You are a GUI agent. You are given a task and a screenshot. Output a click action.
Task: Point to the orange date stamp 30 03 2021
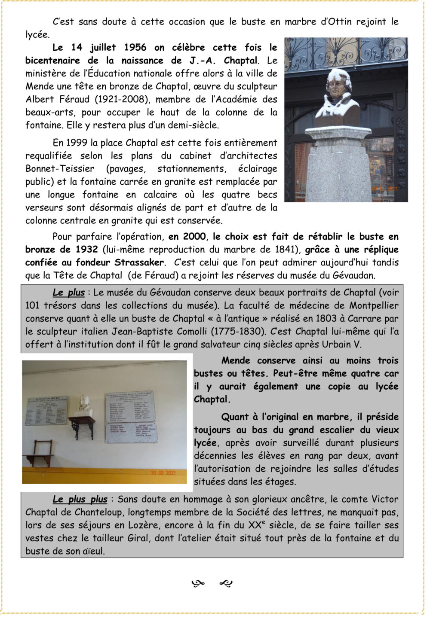coord(163,473)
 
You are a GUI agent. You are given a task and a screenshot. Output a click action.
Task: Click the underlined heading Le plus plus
coord(80,500)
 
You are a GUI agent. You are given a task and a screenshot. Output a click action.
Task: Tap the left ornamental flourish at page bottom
coord(198,584)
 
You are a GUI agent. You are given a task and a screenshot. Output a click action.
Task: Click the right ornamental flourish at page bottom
coord(226,584)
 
